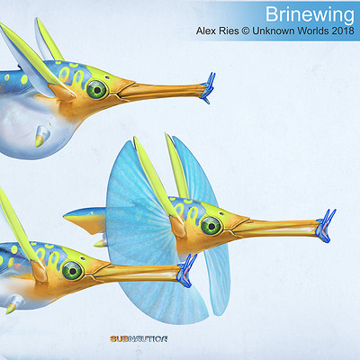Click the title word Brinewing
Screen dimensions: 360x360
click(x=310, y=14)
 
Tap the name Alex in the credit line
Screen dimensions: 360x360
click(x=207, y=31)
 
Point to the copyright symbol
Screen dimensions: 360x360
click(x=246, y=31)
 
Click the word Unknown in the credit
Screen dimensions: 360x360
click(x=273, y=31)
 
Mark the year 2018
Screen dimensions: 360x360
click(x=343, y=31)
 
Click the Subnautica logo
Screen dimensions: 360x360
click(x=139, y=339)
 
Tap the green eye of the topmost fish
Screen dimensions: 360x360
click(x=97, y=89)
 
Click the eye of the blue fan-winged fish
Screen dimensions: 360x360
click(x=211, y=226)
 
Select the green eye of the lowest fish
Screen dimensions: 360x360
click(x=72, y=270)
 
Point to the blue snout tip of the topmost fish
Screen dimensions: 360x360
click(x=208, y=87)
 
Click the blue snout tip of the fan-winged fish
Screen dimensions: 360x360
click(x=326, y=226)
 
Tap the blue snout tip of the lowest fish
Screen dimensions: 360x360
click(x=187, y=271)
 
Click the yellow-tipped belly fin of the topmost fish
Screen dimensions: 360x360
click(x=41, y=137)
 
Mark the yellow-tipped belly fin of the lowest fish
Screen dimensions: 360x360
click(x=14, y=304)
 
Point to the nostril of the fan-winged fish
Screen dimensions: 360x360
click(x=221, y=214)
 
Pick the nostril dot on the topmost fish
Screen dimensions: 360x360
click(x=107, y=77)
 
